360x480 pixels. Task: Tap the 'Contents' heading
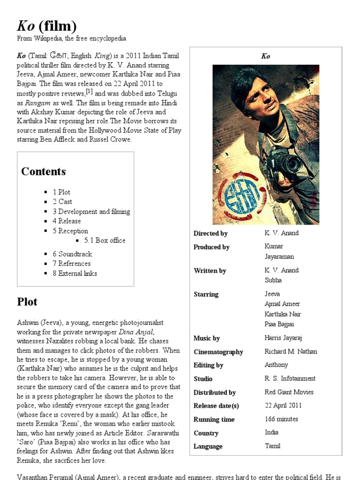click(43, 171)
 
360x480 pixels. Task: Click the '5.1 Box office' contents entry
click(105, 240)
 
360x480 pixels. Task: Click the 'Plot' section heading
click(27, 301)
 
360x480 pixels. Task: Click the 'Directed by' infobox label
click(210, 233)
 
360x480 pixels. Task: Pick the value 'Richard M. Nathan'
click(291, 352)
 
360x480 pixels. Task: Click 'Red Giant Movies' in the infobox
click(289, 392)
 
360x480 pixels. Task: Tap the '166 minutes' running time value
click(281, 419)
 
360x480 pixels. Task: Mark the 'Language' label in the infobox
click(208, 446)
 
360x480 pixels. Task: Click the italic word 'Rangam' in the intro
click(37, 103)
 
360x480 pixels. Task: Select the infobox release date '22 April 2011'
click(283, 405)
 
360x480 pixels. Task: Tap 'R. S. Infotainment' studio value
click(290, 378)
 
